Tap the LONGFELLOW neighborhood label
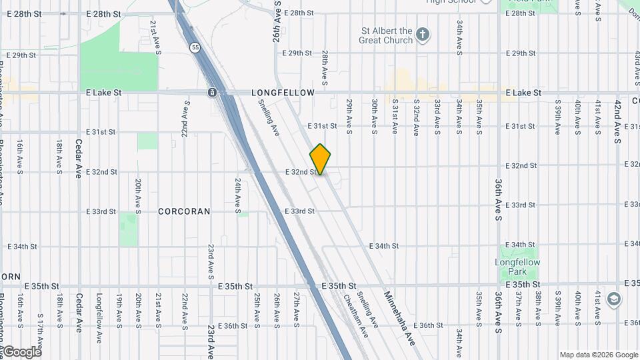[283, 93]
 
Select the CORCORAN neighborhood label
[184, 211]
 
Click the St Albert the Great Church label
[387, 35]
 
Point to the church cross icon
[422, 35]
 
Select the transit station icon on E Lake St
[212, 93]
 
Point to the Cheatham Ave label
[352, 311]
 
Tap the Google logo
[21, 351]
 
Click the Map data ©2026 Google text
[598, 355]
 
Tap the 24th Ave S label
[237, 195]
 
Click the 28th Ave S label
[325, 68]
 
